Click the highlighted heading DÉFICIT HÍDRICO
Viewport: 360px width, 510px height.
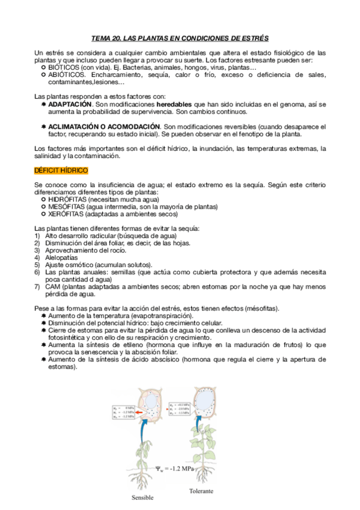61,171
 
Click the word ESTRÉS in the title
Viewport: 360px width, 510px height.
253,37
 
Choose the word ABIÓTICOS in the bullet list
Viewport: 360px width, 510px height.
67,75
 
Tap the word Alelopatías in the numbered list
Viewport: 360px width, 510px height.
61,257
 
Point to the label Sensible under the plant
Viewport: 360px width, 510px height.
143,498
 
